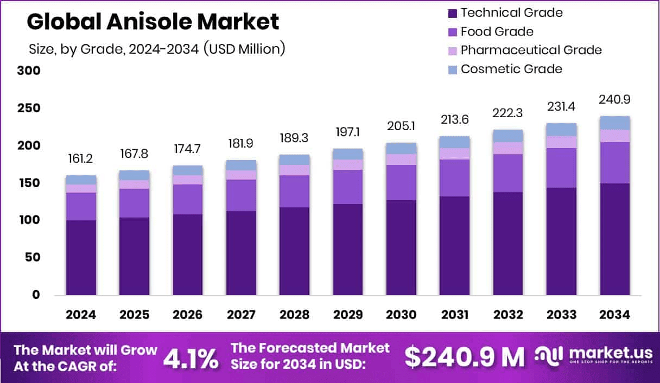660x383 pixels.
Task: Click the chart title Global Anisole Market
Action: pyautogui.click(x=153, y=22)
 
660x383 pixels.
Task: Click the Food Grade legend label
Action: pyautogui.click(x=497, y=31)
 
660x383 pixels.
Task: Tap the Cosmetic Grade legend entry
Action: pyautogui.click(x=511, y=69)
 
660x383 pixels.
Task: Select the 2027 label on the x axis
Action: pyautogui.click(x=241, y=315)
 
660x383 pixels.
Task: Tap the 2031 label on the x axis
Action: pyautogui.click(x=455, y=315)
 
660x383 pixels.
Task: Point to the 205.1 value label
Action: pyautogui.click(x=402, y=126)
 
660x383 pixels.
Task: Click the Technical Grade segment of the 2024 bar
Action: pyautogui.click(x=81, y=257)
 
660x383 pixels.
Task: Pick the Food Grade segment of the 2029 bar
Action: pyautogui.click(x=348, y=187)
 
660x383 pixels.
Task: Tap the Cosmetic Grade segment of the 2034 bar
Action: pyautogui.click(x=615, y=123)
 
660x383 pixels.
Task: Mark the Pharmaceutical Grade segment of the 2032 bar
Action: pyautogui.click(x=508, y=148)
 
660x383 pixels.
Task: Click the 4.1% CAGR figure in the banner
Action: pyautogui.click(x=191, y=359)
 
